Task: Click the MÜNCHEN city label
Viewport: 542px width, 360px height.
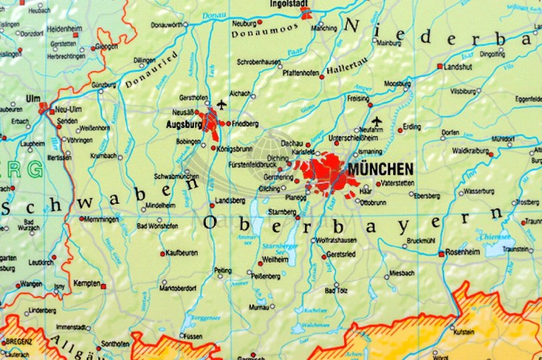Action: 380,168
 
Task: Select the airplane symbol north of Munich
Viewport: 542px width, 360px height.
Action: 376,121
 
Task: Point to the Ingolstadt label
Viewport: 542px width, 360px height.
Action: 289,4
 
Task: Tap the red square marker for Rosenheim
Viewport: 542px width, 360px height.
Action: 440,253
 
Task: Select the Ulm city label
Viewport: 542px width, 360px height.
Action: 33,98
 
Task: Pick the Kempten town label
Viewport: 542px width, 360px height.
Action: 86,283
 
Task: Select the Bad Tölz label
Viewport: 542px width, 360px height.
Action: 337,290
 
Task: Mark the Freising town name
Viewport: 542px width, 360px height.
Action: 358,98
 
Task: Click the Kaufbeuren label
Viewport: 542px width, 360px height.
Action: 181,253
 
